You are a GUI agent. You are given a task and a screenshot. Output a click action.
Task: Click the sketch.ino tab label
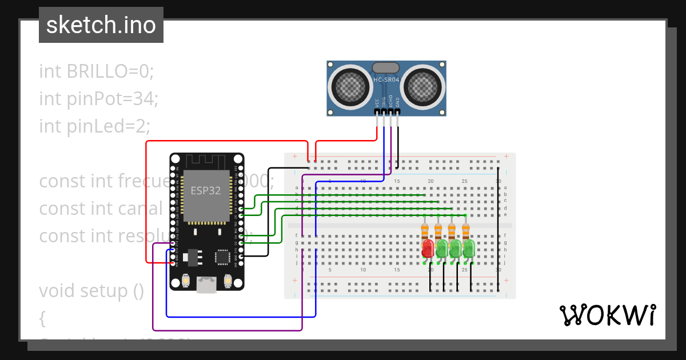[x=101, y=25]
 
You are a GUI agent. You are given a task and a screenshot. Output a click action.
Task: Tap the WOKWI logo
[x=607, y=315]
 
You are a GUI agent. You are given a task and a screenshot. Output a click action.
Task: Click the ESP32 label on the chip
[x=205, y=191]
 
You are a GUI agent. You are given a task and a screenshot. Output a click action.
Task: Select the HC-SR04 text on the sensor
[x=386, y=80]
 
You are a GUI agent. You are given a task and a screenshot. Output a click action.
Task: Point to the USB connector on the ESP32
[x=206, y=285]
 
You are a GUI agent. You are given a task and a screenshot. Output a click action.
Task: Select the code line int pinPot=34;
[x=98, y=98]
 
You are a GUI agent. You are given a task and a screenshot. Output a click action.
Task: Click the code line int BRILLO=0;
[x=97, y=71]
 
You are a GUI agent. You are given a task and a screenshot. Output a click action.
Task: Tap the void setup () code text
[x=91, y=291]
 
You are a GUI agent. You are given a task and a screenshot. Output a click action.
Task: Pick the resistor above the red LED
[x=425, y=231]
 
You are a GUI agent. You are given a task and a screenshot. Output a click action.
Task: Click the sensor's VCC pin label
[x=377, y=102]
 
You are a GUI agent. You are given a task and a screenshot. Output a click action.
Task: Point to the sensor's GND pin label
[x=398, y=102]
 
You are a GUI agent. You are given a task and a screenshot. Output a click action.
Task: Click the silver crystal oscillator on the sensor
[x=386, y=68]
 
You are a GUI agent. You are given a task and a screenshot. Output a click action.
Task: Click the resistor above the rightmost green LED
[x=466, y=231]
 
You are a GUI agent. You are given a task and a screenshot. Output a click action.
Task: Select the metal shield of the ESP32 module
[x=206, y=195]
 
